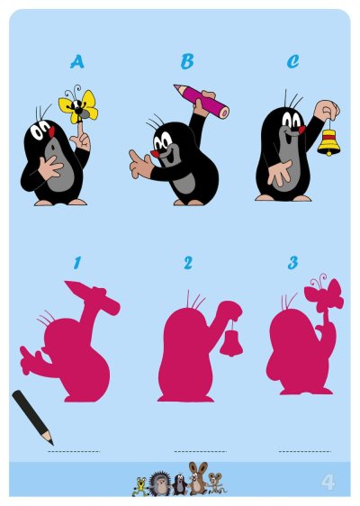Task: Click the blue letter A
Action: coord(77,61)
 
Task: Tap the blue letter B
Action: coord(187,61)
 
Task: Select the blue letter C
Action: coord(292,61)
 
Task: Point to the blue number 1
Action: coord(76,263)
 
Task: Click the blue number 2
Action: coord(188,263)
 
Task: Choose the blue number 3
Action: coord(292,263)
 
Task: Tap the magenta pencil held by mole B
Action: coord(202,101)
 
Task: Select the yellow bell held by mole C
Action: coord(328,142)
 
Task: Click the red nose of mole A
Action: coord(51,131)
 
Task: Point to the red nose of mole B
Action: coord(155,154)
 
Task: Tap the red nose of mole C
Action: coord(301,130)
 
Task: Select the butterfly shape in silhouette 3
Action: coord(323,294)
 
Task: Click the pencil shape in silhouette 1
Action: coord(93,297)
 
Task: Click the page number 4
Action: coord(328,483)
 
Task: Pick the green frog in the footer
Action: coord(140,486)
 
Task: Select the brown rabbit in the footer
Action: coord(197,478)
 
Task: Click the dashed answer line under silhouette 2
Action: coord(201,451)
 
